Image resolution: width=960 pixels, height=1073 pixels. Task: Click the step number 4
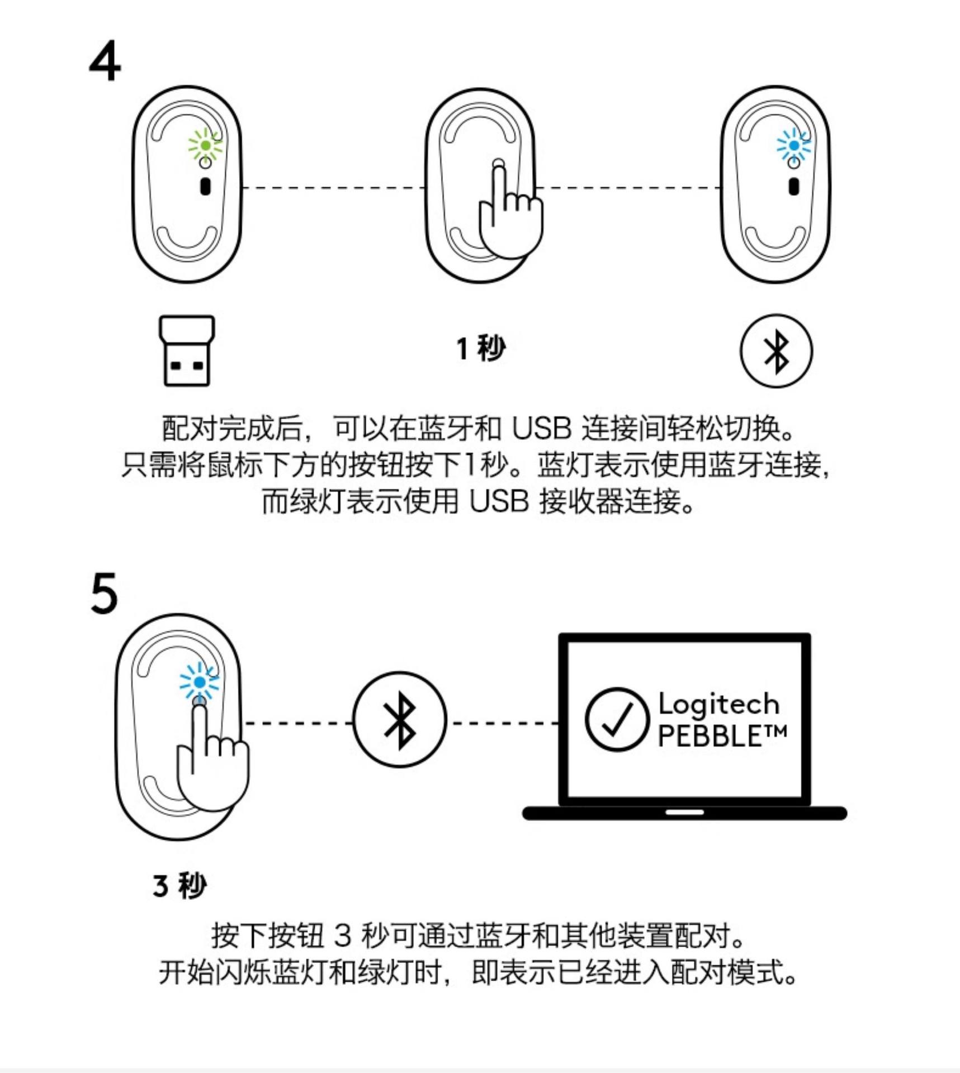(x=105, y=61)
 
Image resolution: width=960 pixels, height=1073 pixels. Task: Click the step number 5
(x=104, y=594)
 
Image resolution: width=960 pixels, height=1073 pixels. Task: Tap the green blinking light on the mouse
(x=205, y=145)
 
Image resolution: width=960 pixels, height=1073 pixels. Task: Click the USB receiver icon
(x=187, y=350)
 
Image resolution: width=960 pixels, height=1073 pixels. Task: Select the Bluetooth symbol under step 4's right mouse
(x=776, y=351)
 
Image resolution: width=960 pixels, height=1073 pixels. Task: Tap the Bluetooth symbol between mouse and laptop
(x=400, y=719)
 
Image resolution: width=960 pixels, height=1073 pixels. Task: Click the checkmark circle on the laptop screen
(x=617, y=719)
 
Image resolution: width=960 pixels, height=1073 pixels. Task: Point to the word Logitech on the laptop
(x=719, y=704)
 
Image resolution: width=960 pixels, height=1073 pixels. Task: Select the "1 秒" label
(x=481, y=348)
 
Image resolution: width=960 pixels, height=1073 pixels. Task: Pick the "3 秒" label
(x=179, y=885)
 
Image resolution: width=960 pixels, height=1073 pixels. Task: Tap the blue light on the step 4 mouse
(x=794, y=145)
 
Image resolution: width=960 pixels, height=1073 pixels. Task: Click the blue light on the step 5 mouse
(x=200, y=682)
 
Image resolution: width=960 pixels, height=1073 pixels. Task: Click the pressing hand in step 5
(x=211, y=766)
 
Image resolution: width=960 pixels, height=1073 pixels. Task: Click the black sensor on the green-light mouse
(x=205, y=186)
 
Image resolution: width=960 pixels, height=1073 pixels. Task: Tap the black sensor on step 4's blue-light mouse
(x=794, y=186)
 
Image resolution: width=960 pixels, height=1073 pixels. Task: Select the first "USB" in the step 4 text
(x=541, y=429)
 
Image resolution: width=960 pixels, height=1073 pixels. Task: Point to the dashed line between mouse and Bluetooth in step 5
(x=299, y=723)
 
